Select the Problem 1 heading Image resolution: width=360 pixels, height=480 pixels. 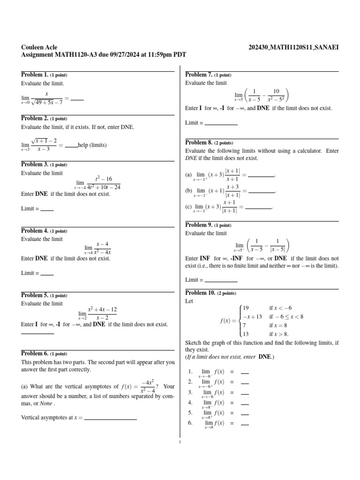click(35, 75)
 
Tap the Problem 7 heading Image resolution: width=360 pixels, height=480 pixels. click(199, 75)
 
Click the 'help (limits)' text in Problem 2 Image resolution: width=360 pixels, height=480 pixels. click(92, 145)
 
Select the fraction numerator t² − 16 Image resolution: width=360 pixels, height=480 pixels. click(104, 179)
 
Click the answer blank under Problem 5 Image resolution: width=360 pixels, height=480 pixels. click(37, 333)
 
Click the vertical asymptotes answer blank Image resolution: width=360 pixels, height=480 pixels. click(110, 419)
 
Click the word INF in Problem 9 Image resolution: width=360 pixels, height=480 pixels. click(205, 258)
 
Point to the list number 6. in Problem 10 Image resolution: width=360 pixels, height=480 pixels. click(190, 423)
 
